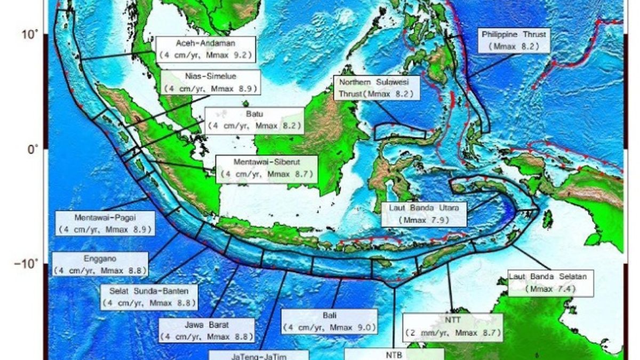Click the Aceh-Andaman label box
tap(205, 49)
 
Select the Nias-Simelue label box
tap(211, 82)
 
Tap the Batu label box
tap(254, 121)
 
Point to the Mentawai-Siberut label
tap(267, 169)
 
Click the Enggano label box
tap(100, 265)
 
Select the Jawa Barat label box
tap(206, 331)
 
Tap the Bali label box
tap(330, 322)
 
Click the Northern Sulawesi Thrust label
tap(376, 89)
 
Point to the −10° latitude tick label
tap(28, 264)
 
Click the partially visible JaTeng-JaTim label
tap(259, 355)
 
